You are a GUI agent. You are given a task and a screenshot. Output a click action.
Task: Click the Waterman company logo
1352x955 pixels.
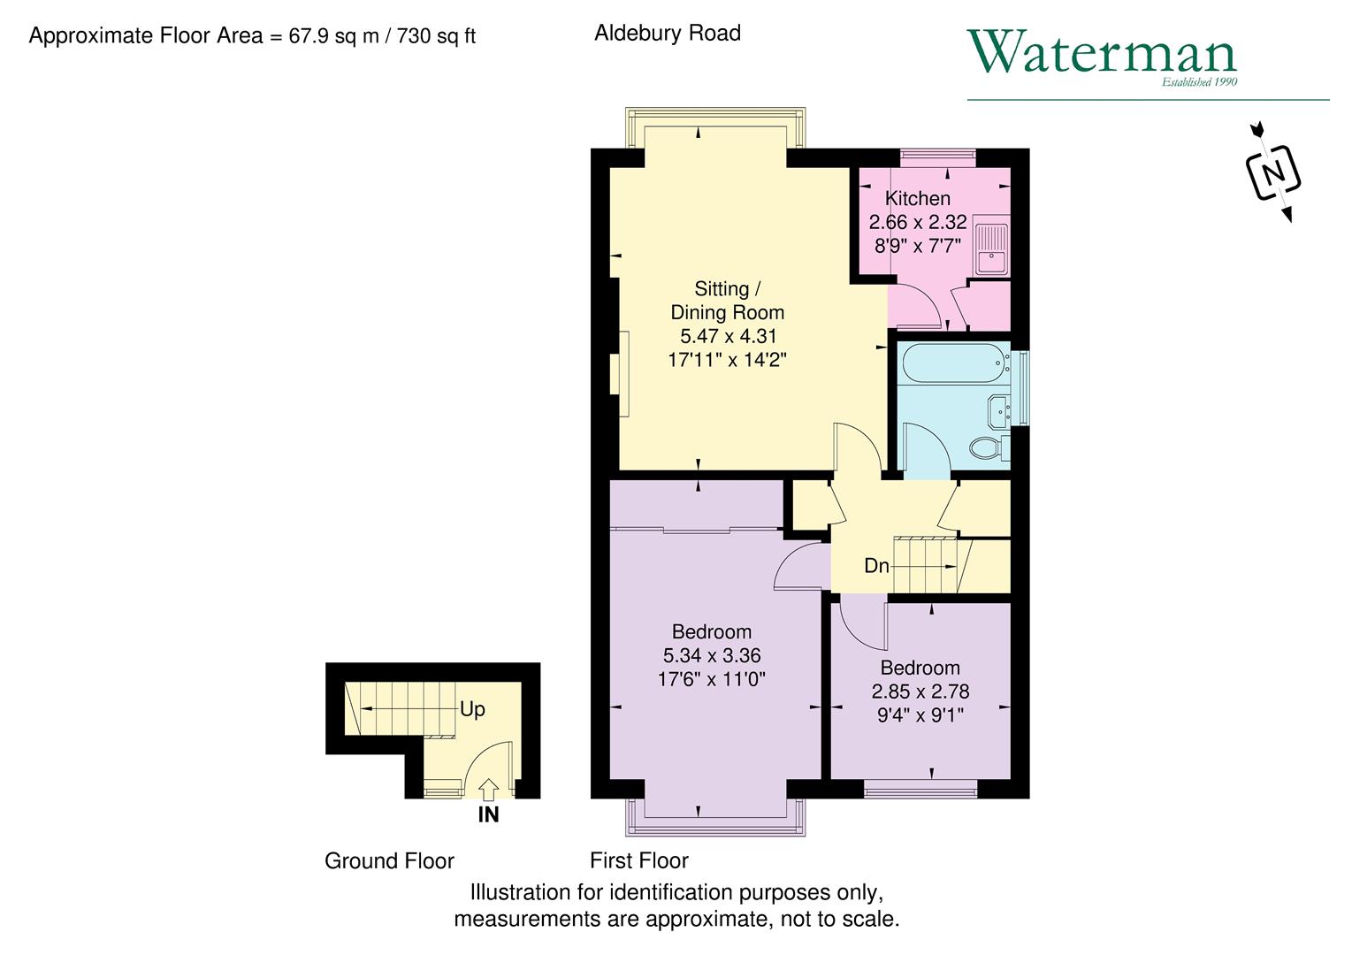[1102, 55]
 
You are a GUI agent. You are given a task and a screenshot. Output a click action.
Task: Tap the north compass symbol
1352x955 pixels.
[1272, 172]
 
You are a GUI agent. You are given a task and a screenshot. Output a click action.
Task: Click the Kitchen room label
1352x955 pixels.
[918, 198]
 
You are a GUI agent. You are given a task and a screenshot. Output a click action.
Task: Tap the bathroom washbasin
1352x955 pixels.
[1000, 409]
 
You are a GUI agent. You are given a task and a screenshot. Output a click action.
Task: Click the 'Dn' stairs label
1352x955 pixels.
[876, 566]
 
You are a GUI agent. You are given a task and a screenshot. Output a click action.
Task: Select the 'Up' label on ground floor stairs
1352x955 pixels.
[472, 709]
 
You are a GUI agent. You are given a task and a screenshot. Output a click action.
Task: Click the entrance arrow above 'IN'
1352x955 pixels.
[488, 789]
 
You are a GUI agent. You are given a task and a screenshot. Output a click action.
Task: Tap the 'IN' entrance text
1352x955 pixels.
[488, 815]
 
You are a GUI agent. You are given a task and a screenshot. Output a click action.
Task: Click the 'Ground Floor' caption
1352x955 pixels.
[389, 860]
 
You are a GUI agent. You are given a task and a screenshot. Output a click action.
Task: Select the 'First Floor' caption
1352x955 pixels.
[638, 860]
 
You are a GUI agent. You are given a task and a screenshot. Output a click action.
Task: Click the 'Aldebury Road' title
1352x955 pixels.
[668, 34]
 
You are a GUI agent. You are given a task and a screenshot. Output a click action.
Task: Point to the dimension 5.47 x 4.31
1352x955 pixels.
[728, 336]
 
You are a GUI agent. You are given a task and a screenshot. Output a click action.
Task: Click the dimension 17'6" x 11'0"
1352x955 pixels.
[711, 679]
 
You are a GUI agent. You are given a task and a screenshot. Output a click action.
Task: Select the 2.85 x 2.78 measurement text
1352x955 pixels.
[920, 691]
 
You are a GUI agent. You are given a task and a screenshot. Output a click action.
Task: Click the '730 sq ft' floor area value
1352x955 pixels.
[436, 36]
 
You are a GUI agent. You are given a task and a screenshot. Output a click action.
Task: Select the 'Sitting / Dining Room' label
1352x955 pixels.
[727, 301]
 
